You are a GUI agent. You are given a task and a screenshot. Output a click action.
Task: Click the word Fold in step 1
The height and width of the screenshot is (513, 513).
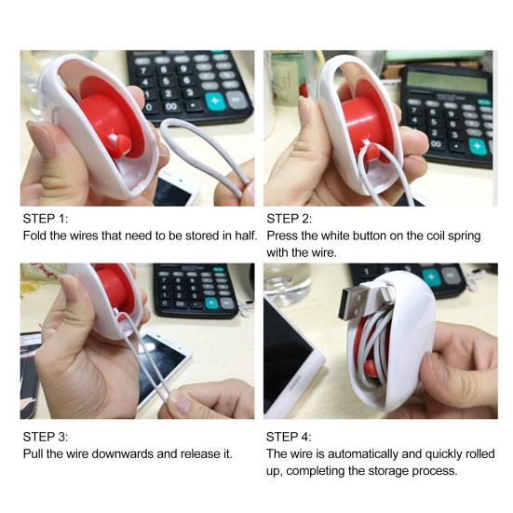(36, 236)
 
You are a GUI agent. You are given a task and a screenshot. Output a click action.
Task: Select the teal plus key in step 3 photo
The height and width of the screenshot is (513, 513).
(211, 303)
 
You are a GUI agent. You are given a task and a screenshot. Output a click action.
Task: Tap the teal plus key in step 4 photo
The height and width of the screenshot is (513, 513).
(431, 277)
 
